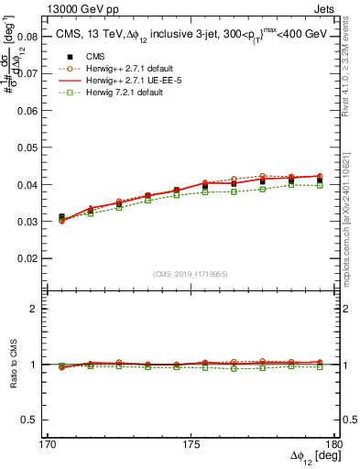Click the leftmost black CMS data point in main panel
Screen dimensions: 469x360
click(61, 217)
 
